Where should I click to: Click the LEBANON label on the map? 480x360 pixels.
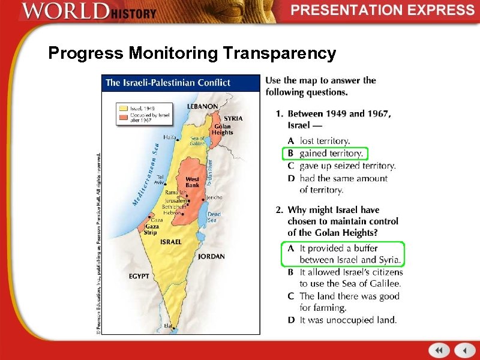202,106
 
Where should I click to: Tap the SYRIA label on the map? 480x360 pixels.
233,118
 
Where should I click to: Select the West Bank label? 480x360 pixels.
192,182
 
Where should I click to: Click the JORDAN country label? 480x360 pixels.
211,256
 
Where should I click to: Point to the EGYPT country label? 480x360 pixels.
139,276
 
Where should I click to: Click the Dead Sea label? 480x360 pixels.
214,217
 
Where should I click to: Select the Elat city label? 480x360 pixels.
167,326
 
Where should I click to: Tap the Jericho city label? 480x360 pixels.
214,197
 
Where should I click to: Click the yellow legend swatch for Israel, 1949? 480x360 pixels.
124,108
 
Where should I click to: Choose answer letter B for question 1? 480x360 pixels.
290,154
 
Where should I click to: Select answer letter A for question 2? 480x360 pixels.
290,248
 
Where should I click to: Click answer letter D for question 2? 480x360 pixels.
290,320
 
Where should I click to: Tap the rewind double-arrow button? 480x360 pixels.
439,350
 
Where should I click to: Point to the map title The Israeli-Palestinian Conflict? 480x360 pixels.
168,83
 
